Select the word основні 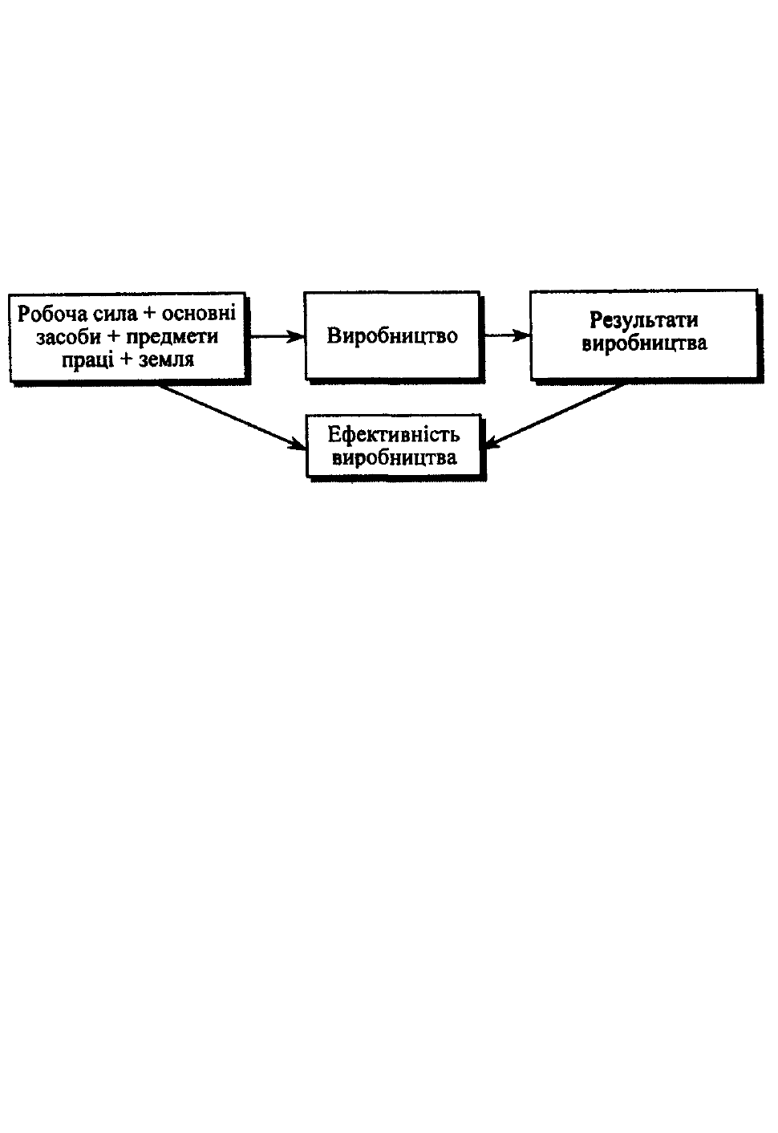tap(199, 314)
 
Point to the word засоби tap(69, 336)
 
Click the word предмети tap(172, 337)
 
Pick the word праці tap(87, 360)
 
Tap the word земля tap(166, 360)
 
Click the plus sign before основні tap(150, 314)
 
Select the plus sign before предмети tap(114, 337)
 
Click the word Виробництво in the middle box tap(392, 336)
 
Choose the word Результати tap(643, 319)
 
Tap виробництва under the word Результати tap(644, 343)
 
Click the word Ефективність tap(393, 434)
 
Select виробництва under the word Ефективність tap(395, 457)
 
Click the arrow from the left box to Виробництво tap(277, 336)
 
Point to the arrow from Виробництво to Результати tap(507, 335)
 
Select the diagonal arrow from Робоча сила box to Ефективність tap(233, 416)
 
